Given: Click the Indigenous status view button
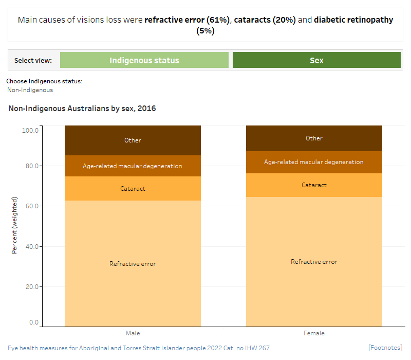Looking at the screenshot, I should pos(144,60).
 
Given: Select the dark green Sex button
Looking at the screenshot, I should pos(316,60).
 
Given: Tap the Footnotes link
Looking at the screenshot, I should pos(385,348).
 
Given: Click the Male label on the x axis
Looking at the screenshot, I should pos(133,333).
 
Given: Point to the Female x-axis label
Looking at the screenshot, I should pos(314,333).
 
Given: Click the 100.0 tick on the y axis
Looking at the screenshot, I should pos(30,130).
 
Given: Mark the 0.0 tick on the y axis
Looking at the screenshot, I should pos(33,322).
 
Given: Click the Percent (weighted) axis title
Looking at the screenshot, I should pos(14,225).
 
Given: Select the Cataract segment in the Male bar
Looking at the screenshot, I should pos(133,189).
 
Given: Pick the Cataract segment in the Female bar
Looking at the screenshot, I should pos(314,185).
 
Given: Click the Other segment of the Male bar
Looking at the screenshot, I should pos(133,140).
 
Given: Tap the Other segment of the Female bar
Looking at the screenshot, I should pos(314,138).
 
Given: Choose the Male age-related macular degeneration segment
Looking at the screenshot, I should pos(133,166).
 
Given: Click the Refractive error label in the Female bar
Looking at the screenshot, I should pos(314,262).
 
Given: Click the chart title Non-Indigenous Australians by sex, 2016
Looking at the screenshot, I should pos(82,109).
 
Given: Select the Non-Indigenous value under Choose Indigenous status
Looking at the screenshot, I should pos(30,90).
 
